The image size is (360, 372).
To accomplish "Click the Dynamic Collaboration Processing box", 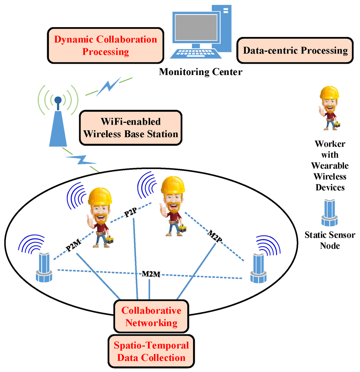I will (x=105, y=45).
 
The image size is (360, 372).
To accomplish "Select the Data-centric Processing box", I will (x=295, y=50).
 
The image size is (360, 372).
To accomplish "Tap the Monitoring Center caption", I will (x=200, y=72).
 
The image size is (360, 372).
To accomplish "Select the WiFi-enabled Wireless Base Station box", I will (x=131, y=128).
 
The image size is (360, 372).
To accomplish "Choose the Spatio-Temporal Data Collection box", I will (x=151, y=352).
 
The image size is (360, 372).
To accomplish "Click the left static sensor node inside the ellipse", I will (x=44, y=268).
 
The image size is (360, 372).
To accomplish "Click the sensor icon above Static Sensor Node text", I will (x=329, y=213).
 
